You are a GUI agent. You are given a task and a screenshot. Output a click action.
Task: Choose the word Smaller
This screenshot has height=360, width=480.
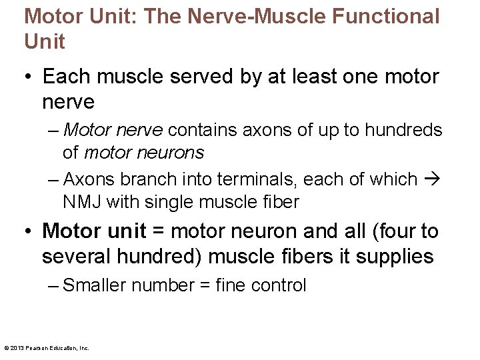(94, 285)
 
